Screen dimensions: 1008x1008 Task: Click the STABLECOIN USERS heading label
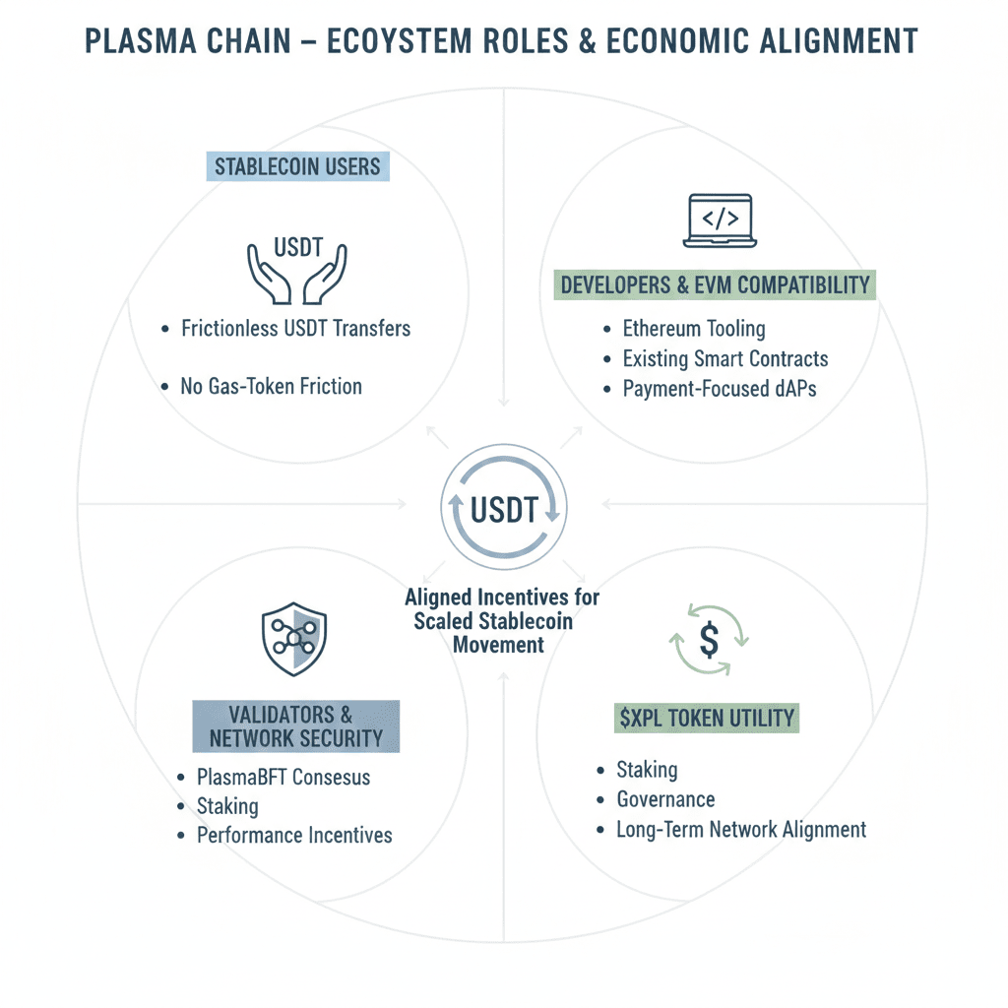(x=297, y=165)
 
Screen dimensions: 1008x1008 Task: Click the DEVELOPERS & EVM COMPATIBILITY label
(x=716, y=285)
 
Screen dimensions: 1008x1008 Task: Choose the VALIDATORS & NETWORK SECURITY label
(x=295, y=726)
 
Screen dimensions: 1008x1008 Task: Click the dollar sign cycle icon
(x=709, y=641)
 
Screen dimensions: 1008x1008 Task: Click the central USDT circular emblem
(x=503, y=509)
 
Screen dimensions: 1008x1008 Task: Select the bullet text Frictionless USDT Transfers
(x=295, y=329)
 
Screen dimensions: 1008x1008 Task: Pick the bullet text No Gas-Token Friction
(x=271, y=386)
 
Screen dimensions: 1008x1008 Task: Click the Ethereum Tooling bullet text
(x=693, y=329)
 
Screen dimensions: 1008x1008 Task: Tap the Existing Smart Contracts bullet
(x=725, y=358)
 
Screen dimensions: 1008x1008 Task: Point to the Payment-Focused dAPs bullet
(x=719, y=389)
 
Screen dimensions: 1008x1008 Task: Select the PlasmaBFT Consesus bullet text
(x=283, y=777)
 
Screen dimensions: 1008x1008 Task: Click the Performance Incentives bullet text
(x=294, y=836)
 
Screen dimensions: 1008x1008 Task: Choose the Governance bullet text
(x=665, y=799)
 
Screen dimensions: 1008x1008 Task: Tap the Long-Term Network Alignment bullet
(x=741, y=829)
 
